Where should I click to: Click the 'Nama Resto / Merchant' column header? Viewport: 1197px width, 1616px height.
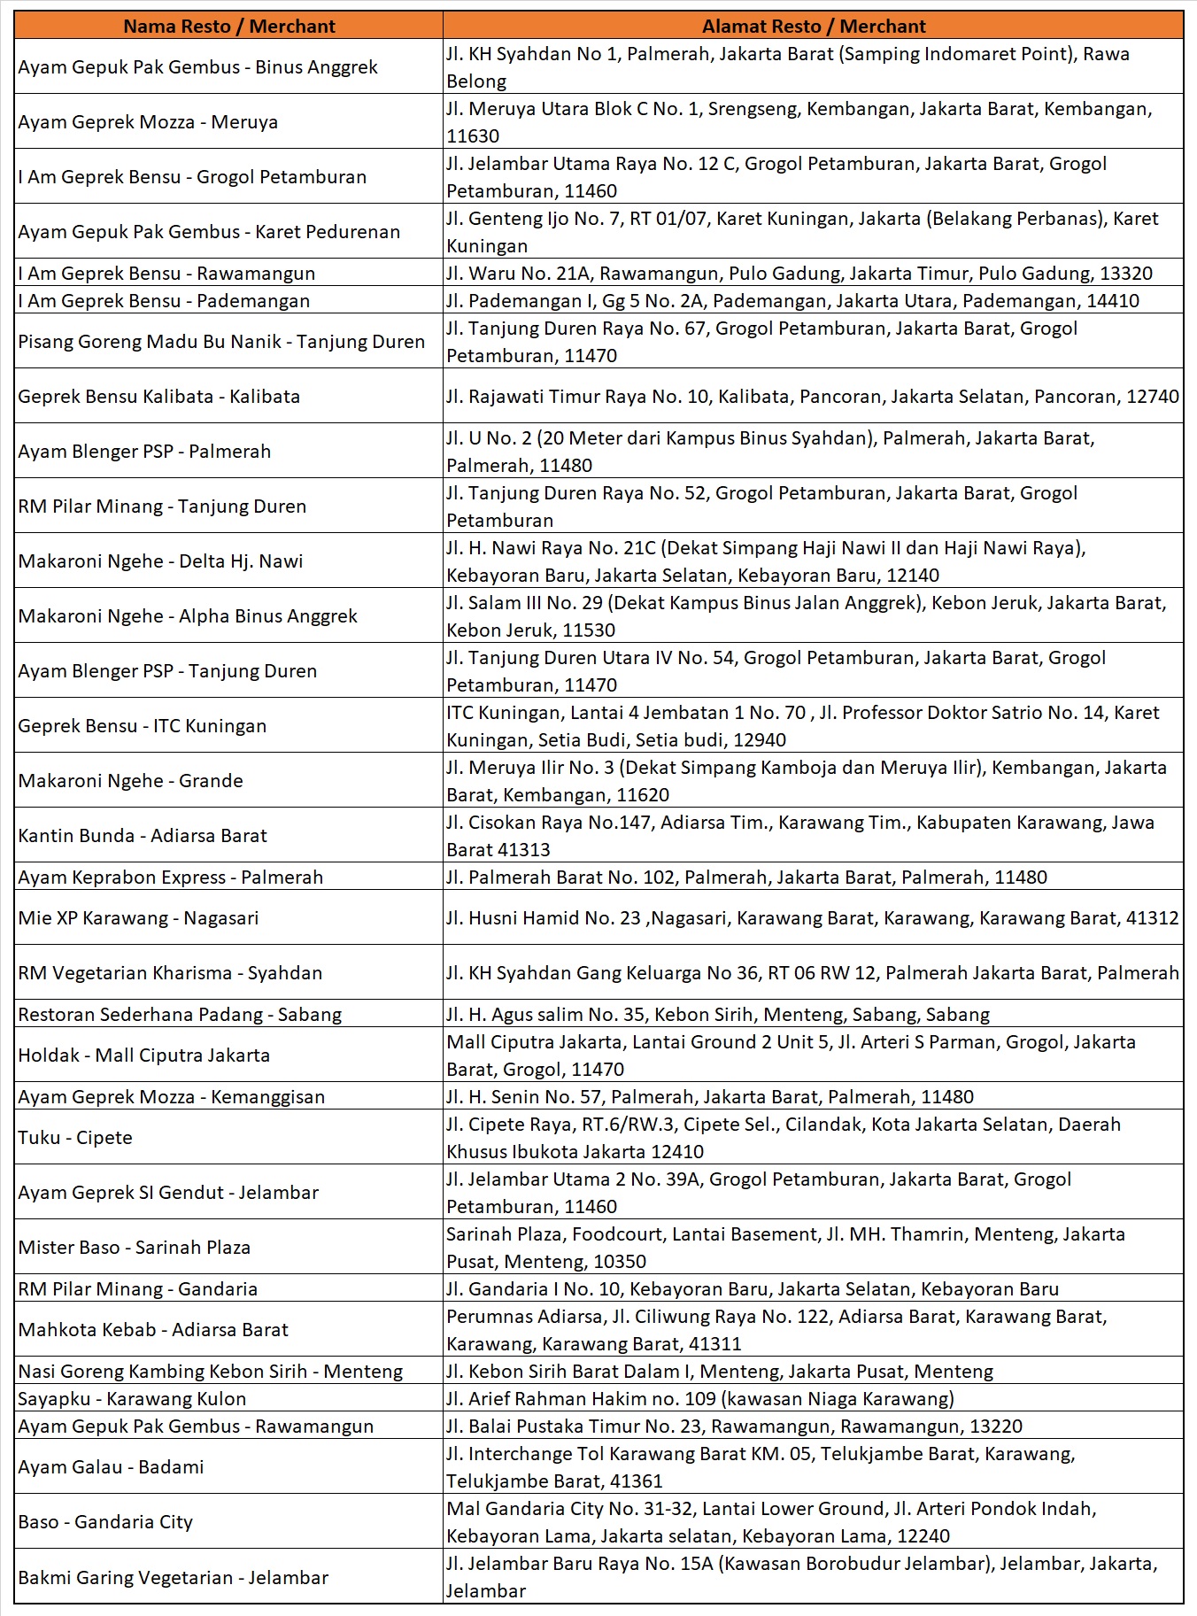(x=228, y=26)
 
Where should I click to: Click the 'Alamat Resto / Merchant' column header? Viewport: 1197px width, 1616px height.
(x=813, y=26)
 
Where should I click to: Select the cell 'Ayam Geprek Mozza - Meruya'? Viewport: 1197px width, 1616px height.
(x=148, y=122)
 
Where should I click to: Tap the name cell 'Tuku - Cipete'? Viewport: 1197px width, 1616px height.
(x=75, y=1138)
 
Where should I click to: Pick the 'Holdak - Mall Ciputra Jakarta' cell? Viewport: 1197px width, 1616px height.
(x=143, y=1055)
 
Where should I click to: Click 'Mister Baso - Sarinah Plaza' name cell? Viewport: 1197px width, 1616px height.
(x=134, y=1248)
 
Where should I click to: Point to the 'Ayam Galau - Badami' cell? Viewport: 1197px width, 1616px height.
(x=111, y=1467)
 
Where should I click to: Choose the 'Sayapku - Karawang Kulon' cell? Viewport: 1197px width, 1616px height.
(x=132, y=1399)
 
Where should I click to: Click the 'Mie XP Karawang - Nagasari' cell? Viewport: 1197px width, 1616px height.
(x=138, y=918)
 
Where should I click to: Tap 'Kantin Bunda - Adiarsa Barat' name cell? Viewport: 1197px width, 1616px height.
(x=143, y=836)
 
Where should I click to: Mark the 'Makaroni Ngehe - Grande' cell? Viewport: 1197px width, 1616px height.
(x=130, y=781)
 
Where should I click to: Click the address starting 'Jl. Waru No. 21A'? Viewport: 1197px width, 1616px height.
(x=799, y=274)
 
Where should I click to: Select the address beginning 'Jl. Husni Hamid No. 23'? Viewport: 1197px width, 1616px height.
(x=812, y=918)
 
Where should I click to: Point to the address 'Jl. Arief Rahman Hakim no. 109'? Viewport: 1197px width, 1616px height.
(x=699, y=1399)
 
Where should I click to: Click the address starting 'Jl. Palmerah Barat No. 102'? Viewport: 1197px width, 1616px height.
(x=746, y=878)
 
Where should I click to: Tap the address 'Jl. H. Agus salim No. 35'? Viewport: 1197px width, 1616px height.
(x=717, y=1015)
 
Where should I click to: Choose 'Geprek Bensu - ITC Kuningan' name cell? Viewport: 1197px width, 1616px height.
(x=142, y=726)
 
